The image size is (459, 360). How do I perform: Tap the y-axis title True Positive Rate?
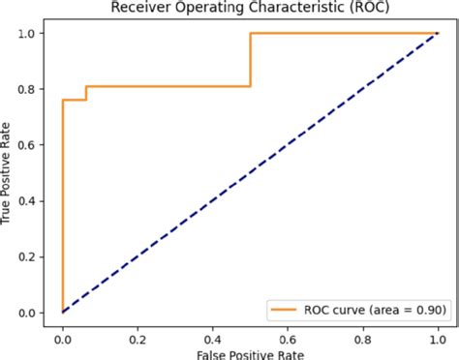tap(9, 173)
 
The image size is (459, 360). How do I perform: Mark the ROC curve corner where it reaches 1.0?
tap(251, 33)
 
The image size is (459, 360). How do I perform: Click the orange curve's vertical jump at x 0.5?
tap(251, 60)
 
